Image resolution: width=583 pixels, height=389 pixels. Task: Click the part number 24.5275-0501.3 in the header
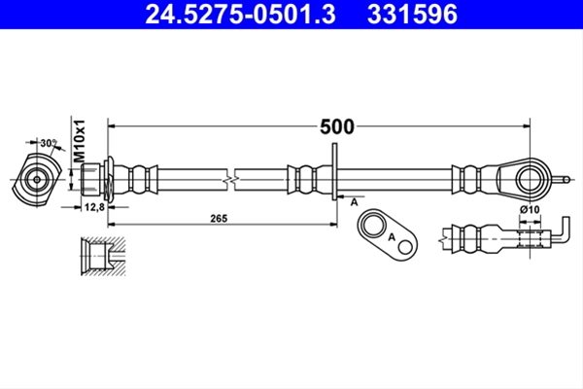[x=240, y=15]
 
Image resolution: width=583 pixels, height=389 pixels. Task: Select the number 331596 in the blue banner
[x=412, y=15]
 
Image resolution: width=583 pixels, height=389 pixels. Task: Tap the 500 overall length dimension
[x=337, y=126]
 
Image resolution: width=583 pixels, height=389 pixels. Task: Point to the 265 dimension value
[x=219, y=219]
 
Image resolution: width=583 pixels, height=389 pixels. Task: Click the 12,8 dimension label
[x=94, y=207]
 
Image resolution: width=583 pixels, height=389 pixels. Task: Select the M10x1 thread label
[x=80, y=141]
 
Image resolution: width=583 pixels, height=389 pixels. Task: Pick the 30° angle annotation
[x=50, y=143]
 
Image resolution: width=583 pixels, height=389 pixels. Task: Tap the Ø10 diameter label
[x=530, y=210]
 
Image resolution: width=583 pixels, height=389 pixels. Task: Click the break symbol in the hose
[x=230, y=181]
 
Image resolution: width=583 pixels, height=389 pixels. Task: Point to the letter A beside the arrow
[x=354, y=202]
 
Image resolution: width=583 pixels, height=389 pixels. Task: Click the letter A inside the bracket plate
[x=392, y=236]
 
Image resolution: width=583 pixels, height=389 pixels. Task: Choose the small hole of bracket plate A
[x=405, y=247]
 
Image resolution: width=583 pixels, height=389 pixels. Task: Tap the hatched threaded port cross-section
[x=103, y=256]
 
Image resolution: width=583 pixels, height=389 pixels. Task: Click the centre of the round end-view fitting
[x=37, y=179]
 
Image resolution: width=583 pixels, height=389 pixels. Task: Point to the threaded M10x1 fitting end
[x=90, y=180]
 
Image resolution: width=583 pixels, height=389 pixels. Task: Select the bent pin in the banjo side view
[x=561, y=230]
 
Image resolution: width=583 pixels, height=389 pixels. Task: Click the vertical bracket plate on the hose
[x=334, y=171]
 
